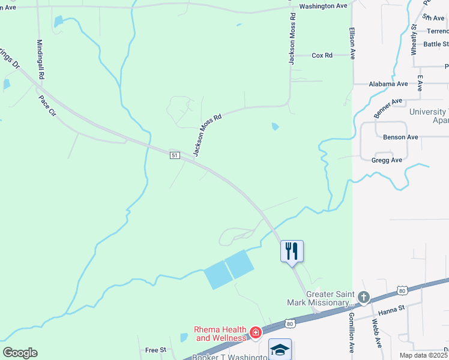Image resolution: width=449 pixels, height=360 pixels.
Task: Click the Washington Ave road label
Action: point(324,6)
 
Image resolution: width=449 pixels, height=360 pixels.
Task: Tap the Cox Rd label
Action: point(322,55)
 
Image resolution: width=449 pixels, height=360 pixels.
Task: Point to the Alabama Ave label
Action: point(388,84)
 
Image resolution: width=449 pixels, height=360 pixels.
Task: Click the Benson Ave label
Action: point(400,137)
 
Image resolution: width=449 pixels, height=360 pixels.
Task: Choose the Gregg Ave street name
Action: point(387,160)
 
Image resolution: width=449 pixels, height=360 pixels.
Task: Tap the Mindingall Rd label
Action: point(40,60)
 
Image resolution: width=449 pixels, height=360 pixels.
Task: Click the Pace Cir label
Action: point(46,106)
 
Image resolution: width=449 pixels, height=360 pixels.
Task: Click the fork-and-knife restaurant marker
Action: point(292,250)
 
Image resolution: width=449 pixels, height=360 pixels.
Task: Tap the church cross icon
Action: point(363,298)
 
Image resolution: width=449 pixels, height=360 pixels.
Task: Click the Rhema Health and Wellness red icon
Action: point(256,332)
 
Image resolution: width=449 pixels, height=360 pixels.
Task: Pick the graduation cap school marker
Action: point(280,349)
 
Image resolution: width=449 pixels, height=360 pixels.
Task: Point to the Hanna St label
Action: point(391,313)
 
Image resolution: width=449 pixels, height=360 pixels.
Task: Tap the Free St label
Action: point(155,350)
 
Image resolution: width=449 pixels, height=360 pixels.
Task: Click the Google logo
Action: point(20,353)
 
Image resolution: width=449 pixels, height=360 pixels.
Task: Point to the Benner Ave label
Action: point(388,108)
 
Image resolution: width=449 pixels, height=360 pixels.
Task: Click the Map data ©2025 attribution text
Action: point(423,355)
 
